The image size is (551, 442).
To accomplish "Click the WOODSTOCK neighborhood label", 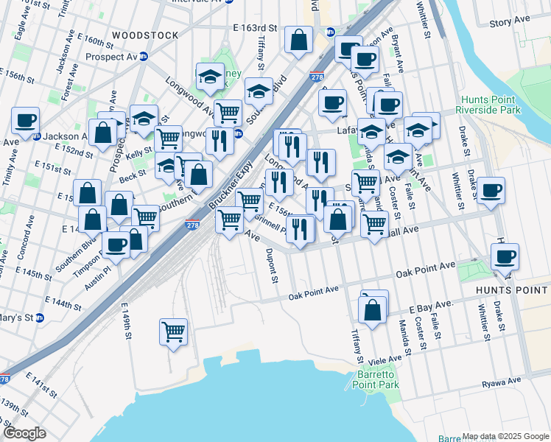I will (x=145, y=35).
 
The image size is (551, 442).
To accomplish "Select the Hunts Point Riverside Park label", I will (x=489, y=105).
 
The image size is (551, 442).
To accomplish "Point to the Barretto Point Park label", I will (x=378, y=379).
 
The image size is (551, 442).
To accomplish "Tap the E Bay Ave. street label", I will (x=431, y=305).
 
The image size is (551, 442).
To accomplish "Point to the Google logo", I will (x=24, y=433).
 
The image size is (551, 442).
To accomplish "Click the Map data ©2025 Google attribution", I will (x=505, y=437).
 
